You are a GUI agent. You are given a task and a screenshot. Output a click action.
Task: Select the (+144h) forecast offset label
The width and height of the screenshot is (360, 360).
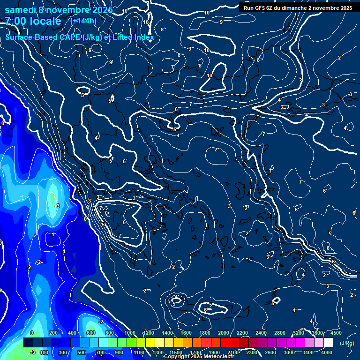[x=83, y=21]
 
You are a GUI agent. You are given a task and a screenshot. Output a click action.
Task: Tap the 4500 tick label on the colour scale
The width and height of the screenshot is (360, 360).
[x=336, y=333]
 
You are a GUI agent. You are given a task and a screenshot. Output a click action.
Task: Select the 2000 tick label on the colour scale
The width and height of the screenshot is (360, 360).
[x=224, y=333]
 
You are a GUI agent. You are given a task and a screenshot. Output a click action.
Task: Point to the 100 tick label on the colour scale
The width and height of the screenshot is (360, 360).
[x=44, y=352]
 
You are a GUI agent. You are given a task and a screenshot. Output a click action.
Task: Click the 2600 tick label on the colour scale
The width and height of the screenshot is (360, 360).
[x=270, y=352]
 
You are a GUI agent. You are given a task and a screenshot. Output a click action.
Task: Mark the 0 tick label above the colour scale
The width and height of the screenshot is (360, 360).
[x=32, y=333]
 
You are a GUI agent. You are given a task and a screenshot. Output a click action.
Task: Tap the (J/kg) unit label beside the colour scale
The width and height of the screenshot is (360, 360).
[x=347, y=343]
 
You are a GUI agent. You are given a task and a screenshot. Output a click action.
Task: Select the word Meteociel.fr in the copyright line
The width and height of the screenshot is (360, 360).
[x=219, y=357]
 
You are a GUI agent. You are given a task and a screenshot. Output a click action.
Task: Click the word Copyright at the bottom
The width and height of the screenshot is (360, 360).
[x=177, y=357]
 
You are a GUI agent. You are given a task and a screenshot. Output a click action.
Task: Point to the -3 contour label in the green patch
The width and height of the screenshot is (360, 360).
[x=57, y=206]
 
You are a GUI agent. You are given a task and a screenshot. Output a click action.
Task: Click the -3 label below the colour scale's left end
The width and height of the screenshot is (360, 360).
[x=32, y=352]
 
